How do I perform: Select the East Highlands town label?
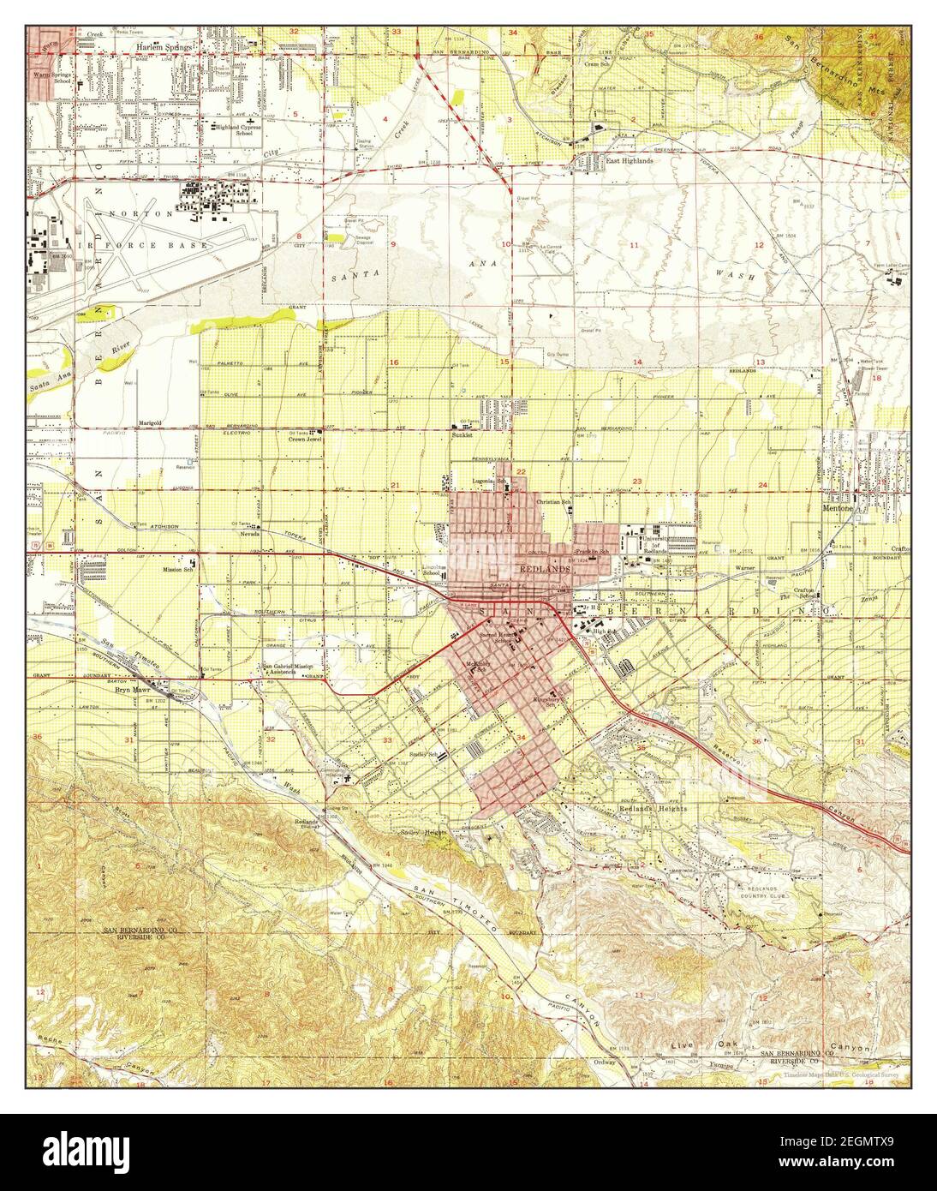630,160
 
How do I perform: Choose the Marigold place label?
151,423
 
